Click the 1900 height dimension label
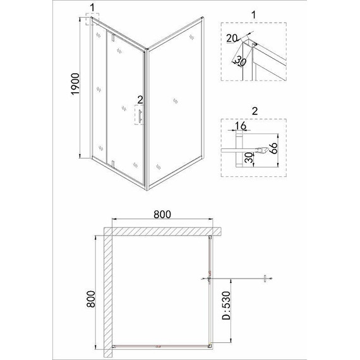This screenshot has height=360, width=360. (x=75, y=84)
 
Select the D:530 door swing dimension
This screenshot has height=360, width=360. (x=226, y=306)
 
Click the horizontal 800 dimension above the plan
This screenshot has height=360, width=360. (x=162, y=214)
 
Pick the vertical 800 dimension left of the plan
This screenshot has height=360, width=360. (x=91, y=299)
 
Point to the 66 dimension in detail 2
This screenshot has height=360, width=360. (x=273, y=148)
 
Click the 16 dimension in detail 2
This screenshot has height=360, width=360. (x=241, y=126)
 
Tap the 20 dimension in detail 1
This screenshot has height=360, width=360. (x=231, y=38)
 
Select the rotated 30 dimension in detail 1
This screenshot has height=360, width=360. (x=240, y=61)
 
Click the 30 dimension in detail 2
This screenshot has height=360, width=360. (x=249, y=158)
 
